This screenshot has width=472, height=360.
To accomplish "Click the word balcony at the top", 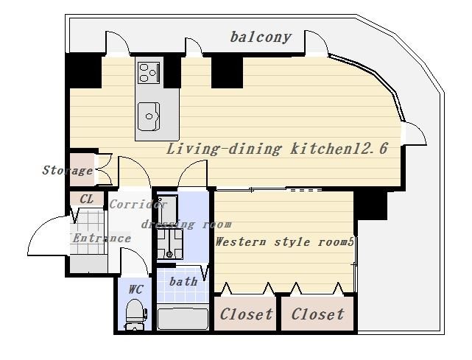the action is (261, 38).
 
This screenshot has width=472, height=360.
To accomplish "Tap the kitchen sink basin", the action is (149, 116).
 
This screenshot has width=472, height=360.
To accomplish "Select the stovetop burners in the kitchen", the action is (149, 73).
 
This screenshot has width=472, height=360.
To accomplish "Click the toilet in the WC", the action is (136, 314).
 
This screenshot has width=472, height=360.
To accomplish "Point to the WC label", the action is (135, 289).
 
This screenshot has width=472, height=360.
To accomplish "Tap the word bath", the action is (183, 281).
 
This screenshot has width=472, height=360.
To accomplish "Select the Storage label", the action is (68, 170).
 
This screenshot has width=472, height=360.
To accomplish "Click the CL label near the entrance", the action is (87, 199).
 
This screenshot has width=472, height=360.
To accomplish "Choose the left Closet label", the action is (246, 314).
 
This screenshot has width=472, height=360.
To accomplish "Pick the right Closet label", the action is (318, 314).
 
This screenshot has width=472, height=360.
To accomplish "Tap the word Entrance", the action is (102, 239).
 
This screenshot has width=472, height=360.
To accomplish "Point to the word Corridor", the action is (138, 205).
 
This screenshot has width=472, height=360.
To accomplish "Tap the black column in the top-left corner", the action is (83, 71).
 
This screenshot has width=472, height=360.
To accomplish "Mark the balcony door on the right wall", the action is (415, 134).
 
